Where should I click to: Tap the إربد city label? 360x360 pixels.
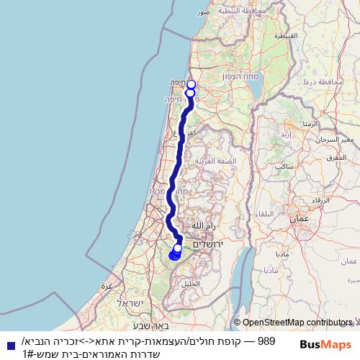click(x=286, y=134)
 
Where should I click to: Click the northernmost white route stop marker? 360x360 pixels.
click(x=191, y=84)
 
